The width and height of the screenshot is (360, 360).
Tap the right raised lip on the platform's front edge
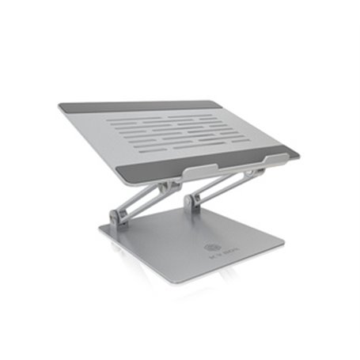(x=254, y=159)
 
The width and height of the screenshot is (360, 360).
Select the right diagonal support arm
(x=222, y=184)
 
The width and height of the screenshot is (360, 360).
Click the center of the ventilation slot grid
(x=182, y=131)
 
